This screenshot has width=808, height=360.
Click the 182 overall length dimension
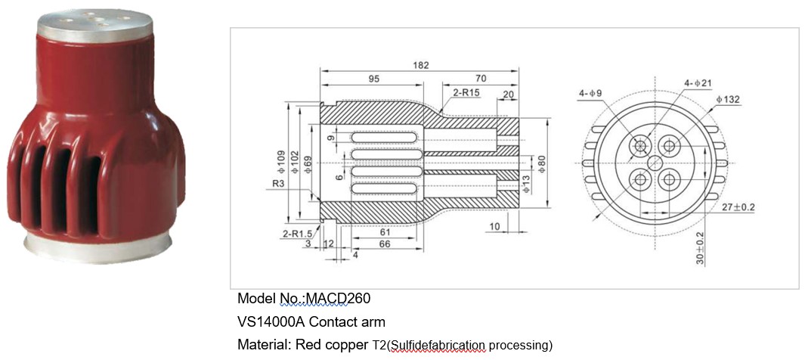422,66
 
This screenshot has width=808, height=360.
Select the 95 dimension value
373,79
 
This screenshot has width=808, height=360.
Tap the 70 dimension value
480,79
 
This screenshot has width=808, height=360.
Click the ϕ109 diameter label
282,161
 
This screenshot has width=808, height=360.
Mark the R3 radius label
279,182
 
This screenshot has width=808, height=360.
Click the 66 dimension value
384,245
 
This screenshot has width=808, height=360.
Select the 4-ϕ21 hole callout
697,82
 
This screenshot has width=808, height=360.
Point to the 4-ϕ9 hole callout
590,94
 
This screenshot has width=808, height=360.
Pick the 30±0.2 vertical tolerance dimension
700,249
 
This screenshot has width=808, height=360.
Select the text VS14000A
271,322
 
